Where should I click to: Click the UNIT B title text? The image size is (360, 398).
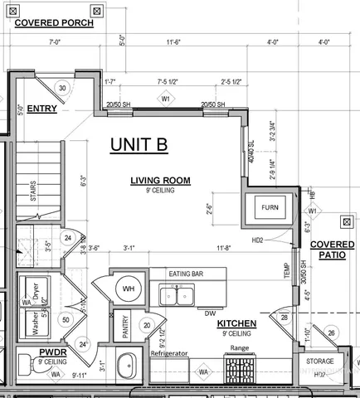tap(139, 144)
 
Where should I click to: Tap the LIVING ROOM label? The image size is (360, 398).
tap(160, 180)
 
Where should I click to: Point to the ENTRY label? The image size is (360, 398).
tap(41, 109)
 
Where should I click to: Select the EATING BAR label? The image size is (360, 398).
tap(187, 274)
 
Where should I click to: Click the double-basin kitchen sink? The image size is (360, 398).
tap(177, 294)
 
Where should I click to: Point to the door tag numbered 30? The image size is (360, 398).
tap(62, 87)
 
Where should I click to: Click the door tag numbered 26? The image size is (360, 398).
tap(333, 333)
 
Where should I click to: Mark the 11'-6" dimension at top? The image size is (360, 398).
tap(175, 41)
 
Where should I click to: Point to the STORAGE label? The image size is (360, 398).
tap(320, 361)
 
